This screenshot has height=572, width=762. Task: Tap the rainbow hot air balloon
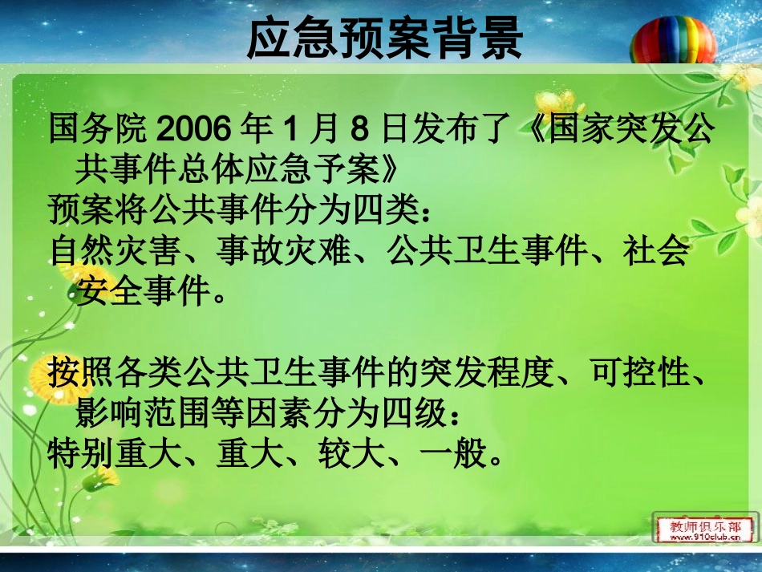click(673, 40)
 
